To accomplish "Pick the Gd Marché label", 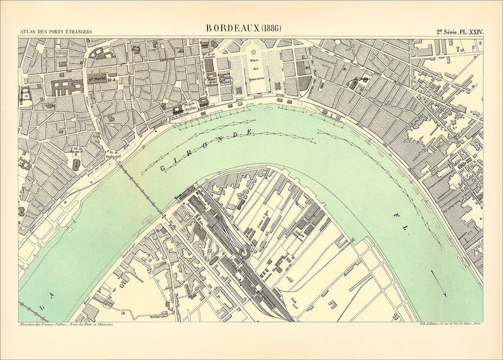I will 96,80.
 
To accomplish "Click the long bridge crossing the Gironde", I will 137,183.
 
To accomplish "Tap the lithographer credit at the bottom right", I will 450,325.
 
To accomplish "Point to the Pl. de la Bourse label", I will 189,106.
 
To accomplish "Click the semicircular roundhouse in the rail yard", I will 242,251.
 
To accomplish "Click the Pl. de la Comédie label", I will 209,63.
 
